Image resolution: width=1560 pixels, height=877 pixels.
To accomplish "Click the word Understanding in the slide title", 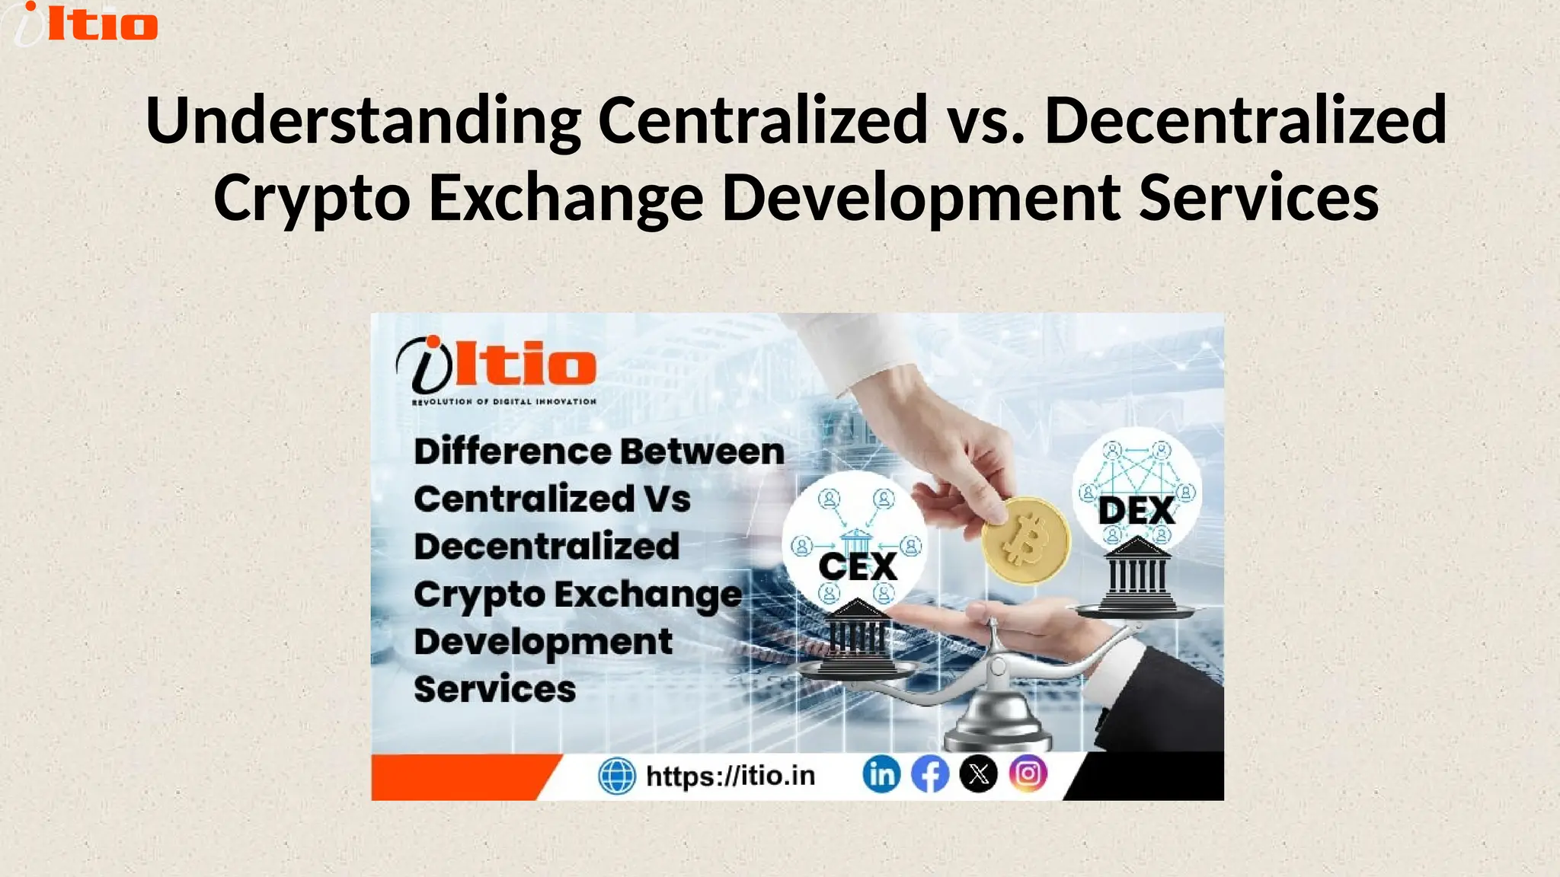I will tap(363, 120).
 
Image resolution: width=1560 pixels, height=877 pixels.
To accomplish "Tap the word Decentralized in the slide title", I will tap(1245, 120).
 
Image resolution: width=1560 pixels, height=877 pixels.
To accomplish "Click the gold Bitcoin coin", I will tap(1025, 541).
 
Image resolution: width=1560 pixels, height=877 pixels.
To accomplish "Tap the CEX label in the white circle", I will tap(858, 566).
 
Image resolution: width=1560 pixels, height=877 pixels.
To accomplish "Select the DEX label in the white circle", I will tap(1136, 511).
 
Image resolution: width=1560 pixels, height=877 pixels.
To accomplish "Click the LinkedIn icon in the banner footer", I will tap(881, 775).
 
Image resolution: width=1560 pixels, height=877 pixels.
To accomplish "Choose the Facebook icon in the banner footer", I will tap(930, 775).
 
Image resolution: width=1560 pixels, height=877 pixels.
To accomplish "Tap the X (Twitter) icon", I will tap(979, 775).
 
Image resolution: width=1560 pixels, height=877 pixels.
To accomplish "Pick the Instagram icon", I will tap(1028, 774).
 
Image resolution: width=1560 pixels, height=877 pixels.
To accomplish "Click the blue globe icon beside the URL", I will tap(617, 777).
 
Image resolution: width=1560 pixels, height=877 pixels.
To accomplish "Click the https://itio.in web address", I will tap(730, 776).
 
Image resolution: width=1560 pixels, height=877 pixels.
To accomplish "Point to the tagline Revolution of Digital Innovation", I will tap(503, 401).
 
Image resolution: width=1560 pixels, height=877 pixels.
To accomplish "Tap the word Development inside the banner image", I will tap(543, 642).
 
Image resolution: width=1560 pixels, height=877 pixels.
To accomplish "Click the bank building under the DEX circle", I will tap(1137, 573).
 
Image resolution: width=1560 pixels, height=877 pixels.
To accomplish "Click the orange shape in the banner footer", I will tap(457, 777).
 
